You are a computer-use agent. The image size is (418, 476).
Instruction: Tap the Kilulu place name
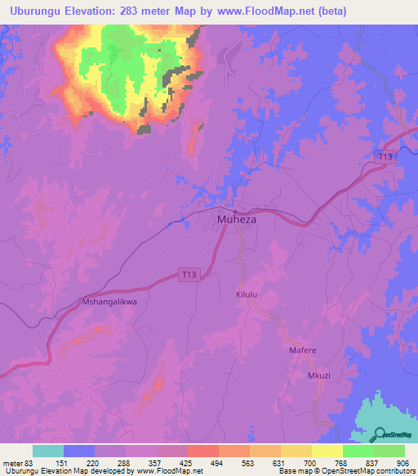click(x=247, y=294)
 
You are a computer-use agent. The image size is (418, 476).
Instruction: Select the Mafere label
click(x=303, y=350)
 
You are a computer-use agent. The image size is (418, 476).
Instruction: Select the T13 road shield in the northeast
click(x=387, y=156)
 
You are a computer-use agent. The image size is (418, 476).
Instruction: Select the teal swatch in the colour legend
click(x=48, y=451)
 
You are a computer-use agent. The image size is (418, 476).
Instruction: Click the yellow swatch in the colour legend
click(x=327, y=451)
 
